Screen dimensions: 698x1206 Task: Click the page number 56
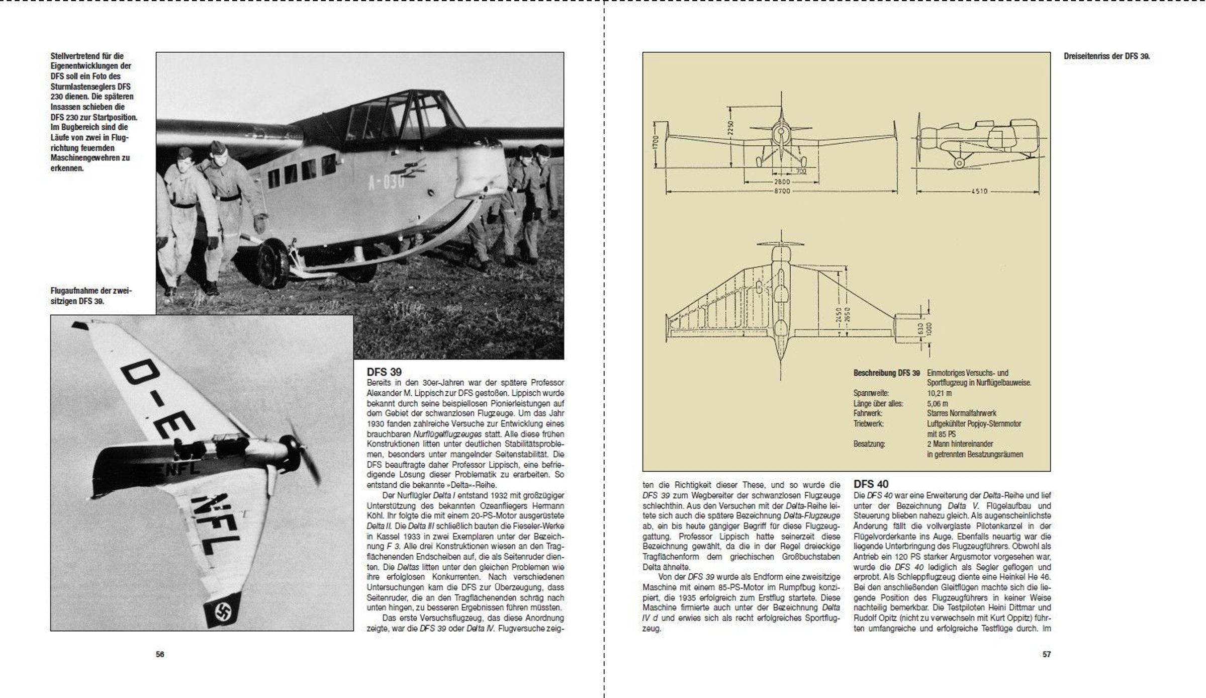(160, 654)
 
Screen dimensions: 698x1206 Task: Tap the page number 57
(1046, 654)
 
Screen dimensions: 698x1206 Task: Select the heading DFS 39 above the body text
(384, 372)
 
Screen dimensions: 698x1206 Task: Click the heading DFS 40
(871, 484)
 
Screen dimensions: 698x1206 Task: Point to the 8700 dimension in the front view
(782, 191)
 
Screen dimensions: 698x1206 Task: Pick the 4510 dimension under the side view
(978, 191)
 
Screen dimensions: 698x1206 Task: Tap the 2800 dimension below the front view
(782, 182)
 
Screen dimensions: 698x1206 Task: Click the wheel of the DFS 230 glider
(272, 263)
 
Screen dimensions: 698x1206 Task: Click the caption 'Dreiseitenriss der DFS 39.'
(1106, 57)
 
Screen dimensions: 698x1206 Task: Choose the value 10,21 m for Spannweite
(940, 393)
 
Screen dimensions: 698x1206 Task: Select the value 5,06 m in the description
(938, 403)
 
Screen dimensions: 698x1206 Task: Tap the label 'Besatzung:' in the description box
(869, 444)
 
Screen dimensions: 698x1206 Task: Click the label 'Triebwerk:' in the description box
(869, 424)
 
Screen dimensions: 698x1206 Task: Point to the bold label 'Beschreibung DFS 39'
(886, 373)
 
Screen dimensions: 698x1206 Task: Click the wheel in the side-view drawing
(959, 163)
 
